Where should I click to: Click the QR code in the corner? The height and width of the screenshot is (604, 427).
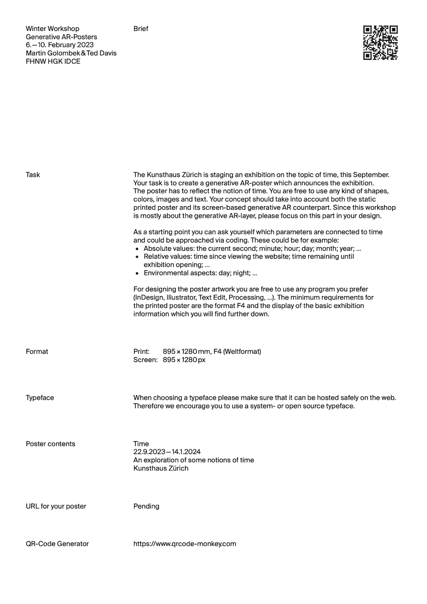(x=380, y=42)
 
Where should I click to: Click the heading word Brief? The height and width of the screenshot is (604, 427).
(x=141, y=29)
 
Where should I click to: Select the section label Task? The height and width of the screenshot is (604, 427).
(x=33, y=175)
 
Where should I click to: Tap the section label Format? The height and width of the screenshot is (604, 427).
(x=37, y=351)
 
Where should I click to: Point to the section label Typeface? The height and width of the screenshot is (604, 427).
(x=40, y=398)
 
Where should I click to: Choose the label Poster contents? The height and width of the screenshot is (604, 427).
(x=51, y=444)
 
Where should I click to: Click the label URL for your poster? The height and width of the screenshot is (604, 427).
(x=56, y=506)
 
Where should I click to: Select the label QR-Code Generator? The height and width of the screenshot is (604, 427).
(x=57, y=544)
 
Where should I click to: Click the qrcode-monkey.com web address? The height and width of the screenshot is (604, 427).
(x=185, y=544)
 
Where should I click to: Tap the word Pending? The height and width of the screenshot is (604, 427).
(x=146, y=506)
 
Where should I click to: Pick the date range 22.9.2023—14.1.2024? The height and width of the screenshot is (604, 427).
(x=167, y=452)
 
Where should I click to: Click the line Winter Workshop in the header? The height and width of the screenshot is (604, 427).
(x=52, y=29)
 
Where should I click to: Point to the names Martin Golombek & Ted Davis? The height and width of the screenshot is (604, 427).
(x=71, y=53)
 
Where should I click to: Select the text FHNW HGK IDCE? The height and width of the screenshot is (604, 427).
(x=53, y=62)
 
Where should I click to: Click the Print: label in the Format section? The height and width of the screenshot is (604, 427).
(x=142, y=351)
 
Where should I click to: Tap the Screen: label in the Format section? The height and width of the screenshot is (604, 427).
(x=145, y=360)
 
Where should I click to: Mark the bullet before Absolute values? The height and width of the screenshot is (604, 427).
(x=137, y=249)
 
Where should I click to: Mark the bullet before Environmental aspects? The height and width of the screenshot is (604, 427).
(x=137, y=274)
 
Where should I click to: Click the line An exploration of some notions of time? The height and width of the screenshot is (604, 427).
(x=194, y=460)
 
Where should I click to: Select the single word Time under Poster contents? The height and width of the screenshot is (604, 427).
(x=141, y=444)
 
